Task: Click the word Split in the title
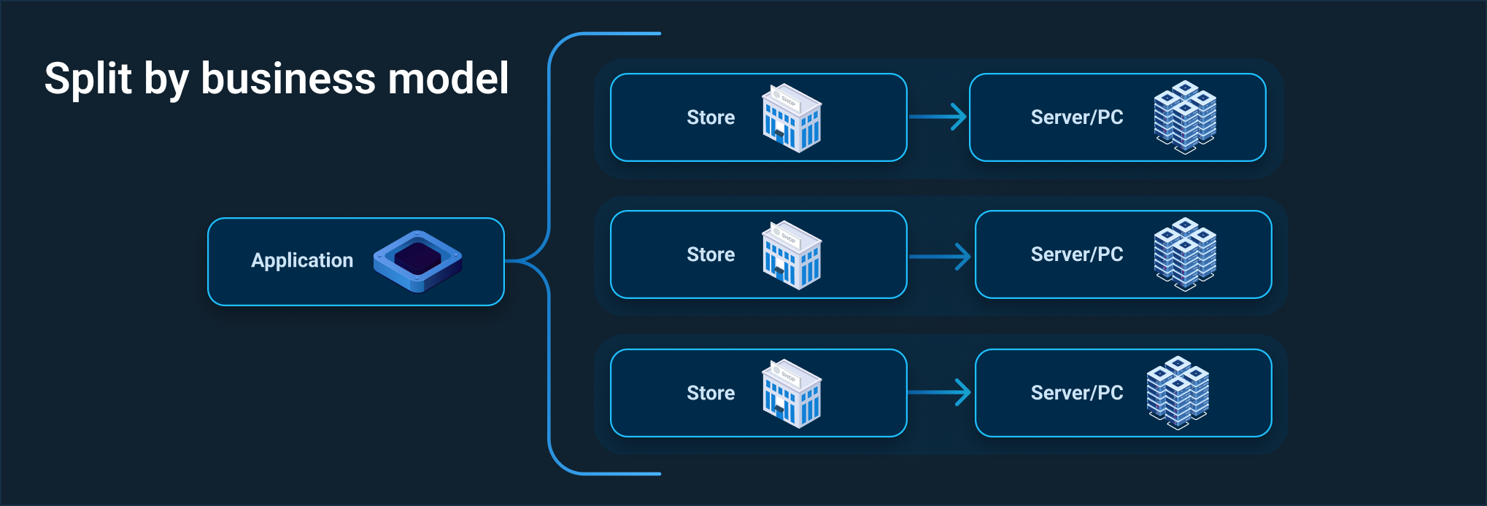point(88,79)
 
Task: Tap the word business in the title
point(288,79)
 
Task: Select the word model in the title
point(448,79)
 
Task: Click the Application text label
point(302,260)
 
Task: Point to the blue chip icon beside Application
point(417,261)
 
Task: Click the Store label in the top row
point(711,117)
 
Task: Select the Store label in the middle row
point(711,254)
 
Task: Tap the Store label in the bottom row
point(711,393)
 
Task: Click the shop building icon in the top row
point(792,118)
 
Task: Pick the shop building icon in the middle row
point(792,255)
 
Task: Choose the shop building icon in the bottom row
point(792,394)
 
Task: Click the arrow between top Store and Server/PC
point(938,117)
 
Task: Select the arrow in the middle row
point(941,256)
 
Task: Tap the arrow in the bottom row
point(941,392)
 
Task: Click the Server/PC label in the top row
point(1077,117)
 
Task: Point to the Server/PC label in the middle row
point(1077,254)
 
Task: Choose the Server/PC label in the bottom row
point(1077,393)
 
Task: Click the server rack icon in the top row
point(1185,117)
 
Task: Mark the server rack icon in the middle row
point(1185,254)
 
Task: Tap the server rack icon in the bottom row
point(1178,392)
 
